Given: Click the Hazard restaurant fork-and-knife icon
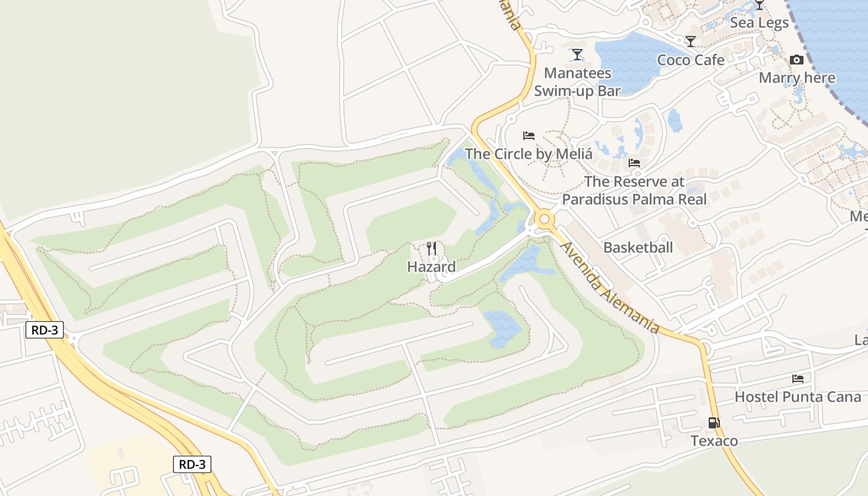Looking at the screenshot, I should [432, 249].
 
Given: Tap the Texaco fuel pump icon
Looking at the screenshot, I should [714, 423].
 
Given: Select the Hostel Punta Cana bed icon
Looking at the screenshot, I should [797, 378].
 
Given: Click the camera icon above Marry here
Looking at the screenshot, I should [797, 60].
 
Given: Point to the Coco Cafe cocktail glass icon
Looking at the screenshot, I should [691, 42].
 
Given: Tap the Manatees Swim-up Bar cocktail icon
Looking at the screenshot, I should [577, 55].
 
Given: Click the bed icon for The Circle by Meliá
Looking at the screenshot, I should [528, 135].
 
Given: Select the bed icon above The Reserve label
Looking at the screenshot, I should [634, 163].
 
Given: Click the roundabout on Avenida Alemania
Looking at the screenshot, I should [544, 218].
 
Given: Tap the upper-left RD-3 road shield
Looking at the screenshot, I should [45, 330].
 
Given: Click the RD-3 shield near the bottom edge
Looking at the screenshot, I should [192, 464].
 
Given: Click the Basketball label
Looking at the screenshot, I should [638, 247].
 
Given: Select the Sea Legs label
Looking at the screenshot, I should [759, 23].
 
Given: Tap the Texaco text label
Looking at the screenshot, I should [714, 441].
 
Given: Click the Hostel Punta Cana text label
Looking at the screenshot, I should [797, 397].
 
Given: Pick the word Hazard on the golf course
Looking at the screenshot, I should [432, 267].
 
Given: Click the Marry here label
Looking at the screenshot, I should [797, 78].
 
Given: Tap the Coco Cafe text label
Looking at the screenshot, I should [691, 60].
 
